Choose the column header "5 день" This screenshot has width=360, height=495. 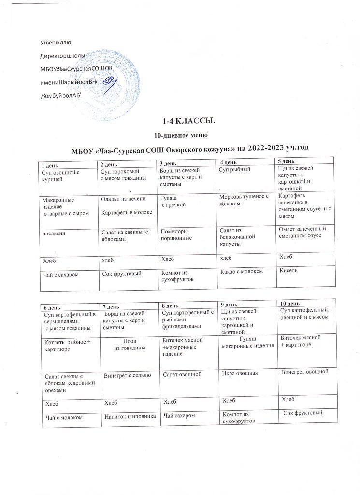[285, 161]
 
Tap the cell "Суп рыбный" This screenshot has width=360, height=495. [232, 170]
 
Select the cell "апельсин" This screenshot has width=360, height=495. [54, 233]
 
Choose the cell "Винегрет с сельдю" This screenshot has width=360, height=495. [125, 375]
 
